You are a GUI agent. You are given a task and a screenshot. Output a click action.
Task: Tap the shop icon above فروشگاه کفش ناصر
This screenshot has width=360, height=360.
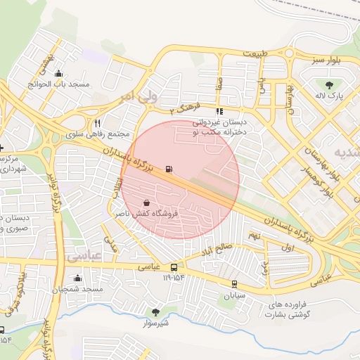[146, 202]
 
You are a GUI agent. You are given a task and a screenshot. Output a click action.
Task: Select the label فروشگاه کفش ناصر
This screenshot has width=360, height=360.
[148, 212]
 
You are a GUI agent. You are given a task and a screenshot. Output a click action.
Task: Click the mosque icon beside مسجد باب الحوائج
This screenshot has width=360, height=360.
[58, 75]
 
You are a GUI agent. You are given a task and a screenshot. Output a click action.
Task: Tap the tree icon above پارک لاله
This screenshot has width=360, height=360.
[329, 86]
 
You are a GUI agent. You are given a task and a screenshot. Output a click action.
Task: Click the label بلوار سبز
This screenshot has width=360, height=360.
[328, 60]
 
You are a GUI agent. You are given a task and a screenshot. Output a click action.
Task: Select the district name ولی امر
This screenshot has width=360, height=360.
[139, 96]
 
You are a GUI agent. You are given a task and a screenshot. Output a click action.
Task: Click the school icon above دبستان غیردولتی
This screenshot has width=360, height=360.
[219, 111]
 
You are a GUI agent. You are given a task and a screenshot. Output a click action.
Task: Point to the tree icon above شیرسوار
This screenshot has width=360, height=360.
[155, 311]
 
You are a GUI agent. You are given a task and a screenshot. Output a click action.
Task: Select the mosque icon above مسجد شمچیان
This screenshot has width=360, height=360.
[78, 278]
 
